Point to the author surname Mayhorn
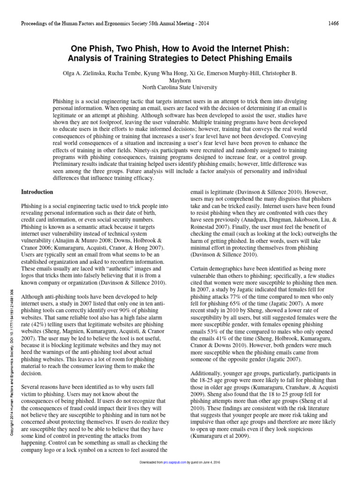(180, 81)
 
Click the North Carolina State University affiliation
(180, 87)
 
